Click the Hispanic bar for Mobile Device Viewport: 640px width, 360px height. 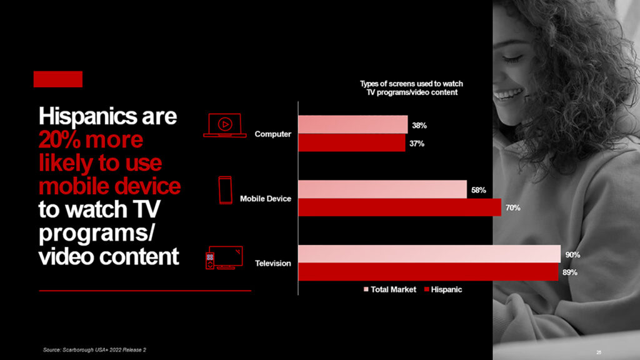[399, 207]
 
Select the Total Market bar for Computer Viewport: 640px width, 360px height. [353, 124]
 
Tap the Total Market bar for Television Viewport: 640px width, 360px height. [429, 254]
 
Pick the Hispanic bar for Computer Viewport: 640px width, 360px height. [352, 143]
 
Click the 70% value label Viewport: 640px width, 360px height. [513, 207]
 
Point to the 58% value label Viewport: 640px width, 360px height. [479, 190]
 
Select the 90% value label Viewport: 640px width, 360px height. [572, 255]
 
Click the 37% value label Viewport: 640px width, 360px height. [417, 143]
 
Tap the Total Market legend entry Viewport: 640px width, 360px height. [390, 289]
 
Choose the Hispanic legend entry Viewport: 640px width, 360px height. [443, 289]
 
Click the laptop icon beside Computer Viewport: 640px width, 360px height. [225, 125]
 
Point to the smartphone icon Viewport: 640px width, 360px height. [225, 190]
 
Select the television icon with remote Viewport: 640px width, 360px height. [224, 257]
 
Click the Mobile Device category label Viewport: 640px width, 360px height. [265, 199]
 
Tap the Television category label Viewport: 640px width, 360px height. [273, 263]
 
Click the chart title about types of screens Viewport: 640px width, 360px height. [411, 87]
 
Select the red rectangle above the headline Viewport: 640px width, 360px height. [58, 79]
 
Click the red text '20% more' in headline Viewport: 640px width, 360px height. [91, 139]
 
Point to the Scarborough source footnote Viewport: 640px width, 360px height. [94, 350]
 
